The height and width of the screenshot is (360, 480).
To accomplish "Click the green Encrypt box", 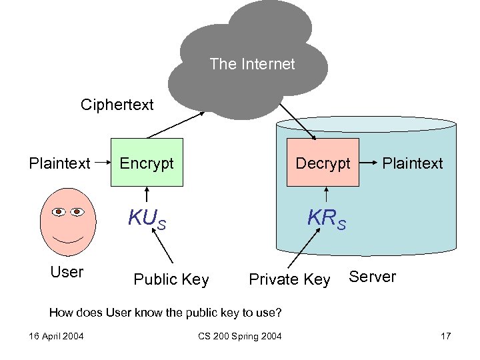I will click(147, 163).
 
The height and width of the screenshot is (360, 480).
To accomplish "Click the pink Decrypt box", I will click(323, 163).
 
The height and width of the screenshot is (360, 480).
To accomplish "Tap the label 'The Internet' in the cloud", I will click(251, 64).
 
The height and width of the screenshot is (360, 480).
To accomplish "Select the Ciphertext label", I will click(117, 105).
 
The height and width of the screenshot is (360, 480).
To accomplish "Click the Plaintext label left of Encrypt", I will click(59, 163).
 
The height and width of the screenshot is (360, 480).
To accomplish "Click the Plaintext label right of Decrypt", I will click(412, 163).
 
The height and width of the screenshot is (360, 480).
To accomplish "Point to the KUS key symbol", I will click(147, 219).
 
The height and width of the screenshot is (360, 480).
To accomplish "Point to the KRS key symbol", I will click(326, 219).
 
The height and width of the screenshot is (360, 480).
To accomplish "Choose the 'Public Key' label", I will click(171, 279).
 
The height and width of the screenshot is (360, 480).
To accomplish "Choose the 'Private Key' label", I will click(289, 279).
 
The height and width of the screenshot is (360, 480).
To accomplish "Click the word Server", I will click(372, 277).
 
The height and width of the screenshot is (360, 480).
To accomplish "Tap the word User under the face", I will click(67, 272).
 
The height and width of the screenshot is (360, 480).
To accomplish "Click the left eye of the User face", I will click(58, 212).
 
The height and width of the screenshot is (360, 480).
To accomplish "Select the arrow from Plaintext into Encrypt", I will click(101, 162).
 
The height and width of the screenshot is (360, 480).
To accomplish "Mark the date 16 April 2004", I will click(56, 335).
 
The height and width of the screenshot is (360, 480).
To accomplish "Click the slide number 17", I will click(446, 335).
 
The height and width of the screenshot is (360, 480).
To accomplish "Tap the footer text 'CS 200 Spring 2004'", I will click(239, 335).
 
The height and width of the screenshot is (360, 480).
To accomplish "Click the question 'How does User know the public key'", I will click(166, 311).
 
